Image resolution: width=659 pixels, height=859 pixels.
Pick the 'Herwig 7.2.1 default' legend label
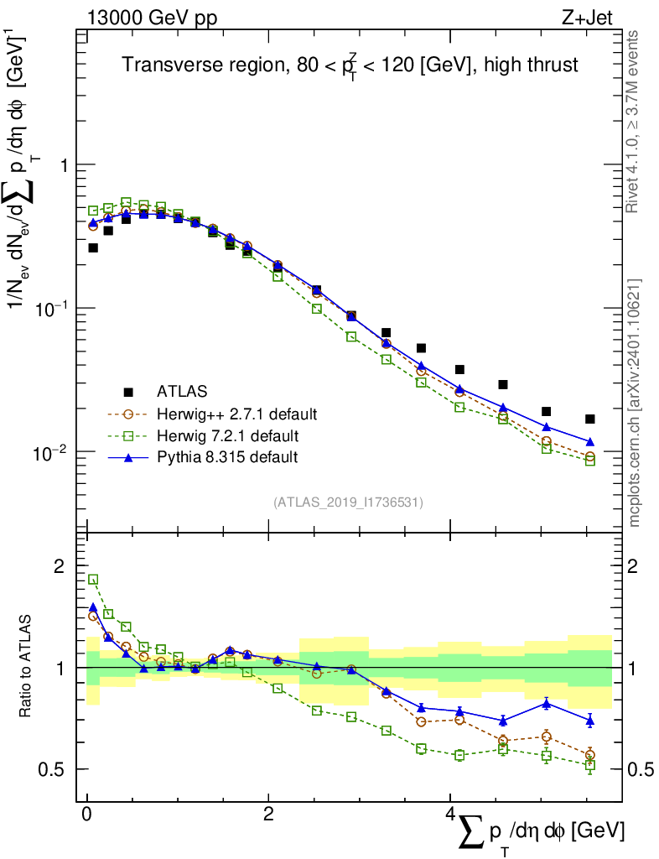click(x=228, y=435)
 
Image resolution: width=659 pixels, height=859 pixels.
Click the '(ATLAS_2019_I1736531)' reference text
click(x=348, y=502)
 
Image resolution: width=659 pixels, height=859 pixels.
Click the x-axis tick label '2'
click(x=268, y=815)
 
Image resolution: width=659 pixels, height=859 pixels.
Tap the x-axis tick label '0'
click(x=87, y=815)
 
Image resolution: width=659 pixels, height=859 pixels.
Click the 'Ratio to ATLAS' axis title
click(x=27, y=667)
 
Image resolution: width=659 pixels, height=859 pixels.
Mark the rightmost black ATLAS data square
click(x=590, y=419)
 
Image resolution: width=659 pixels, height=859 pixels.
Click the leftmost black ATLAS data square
click(x=93, y=247)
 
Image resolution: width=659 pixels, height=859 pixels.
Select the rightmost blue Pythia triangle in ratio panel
click(x=590, y=720)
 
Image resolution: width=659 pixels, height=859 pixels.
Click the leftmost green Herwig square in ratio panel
click(x=93, y=579)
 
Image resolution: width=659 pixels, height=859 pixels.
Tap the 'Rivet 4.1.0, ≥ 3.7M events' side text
click(x=634, y=122)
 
